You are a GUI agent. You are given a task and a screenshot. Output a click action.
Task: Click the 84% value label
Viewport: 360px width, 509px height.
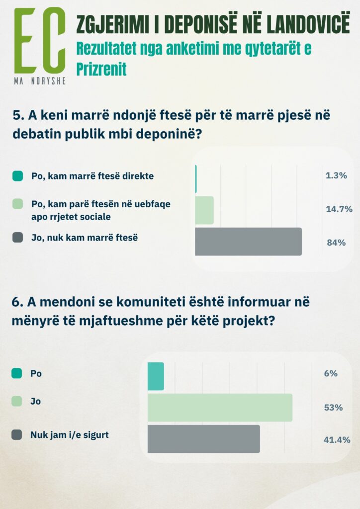click(336, 243)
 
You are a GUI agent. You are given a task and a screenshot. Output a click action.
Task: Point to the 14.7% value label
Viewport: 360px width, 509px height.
click(339, 209)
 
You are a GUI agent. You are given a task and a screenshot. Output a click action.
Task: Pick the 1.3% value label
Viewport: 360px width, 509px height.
click(336, 175)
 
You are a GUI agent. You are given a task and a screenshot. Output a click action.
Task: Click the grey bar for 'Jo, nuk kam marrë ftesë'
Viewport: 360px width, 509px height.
click(248, 242)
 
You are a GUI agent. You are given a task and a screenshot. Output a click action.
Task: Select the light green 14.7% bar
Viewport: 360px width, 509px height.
click(204, 210)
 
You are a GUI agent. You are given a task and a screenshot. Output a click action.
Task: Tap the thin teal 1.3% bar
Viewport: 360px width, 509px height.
click(196, 178)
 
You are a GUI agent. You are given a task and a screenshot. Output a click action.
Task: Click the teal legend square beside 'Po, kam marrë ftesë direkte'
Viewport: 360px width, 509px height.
click(17, 175)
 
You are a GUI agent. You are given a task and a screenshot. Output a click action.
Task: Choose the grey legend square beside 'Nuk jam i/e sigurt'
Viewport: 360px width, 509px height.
click(16, 435)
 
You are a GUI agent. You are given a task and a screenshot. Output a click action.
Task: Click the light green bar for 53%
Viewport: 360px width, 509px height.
click(220, 408)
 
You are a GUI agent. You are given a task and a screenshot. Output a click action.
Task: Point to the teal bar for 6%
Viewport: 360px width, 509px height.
click(156, 376)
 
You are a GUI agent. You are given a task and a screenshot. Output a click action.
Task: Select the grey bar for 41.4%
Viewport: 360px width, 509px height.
click(204, 439)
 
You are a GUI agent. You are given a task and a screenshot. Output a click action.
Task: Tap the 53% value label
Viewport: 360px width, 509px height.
click(333, 408)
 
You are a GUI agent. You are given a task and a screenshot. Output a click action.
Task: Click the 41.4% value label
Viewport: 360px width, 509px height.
click(336, 440)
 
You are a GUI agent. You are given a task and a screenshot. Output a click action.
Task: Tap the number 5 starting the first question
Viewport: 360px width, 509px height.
click(16, 116)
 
